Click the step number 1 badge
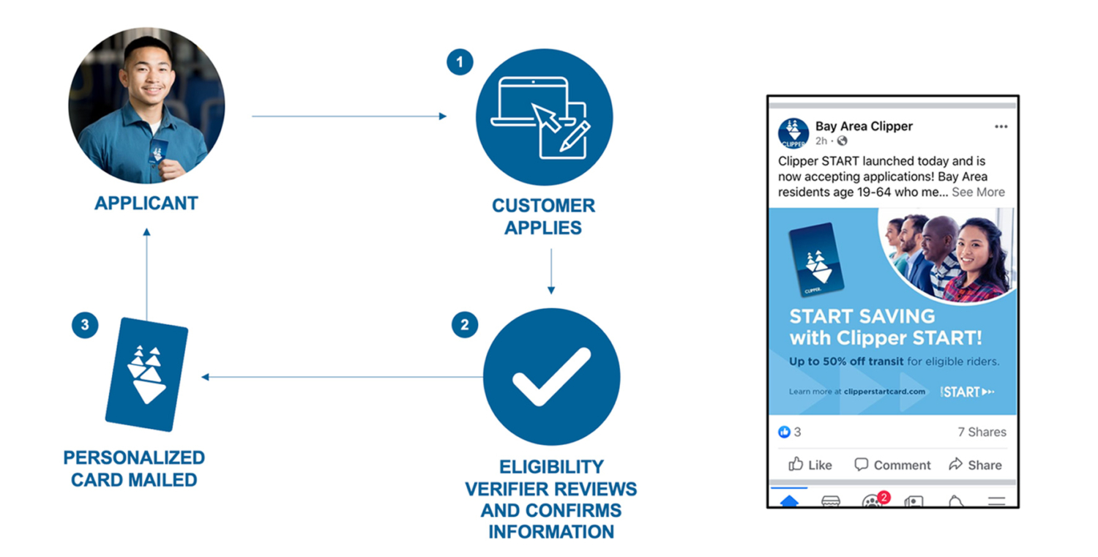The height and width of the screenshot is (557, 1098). [x=460, y=63]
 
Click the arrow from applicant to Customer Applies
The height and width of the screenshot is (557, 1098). [x=348, y=116]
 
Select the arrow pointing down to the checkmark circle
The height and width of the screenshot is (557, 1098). [x=551, y=271]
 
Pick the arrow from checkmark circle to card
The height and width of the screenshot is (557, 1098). [x=341, y=377]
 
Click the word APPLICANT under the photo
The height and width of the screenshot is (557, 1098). [x=146, y=203]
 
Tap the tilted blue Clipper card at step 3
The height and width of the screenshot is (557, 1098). [x=146, y=374]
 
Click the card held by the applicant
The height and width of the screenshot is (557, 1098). [x=158, y=152]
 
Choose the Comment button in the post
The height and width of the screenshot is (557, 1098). [x=892, y=465]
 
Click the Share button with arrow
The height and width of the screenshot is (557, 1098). [x=975, y=465]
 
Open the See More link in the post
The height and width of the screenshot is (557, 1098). [x=978, y=192]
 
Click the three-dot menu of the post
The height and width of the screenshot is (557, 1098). [x=1001, y=127]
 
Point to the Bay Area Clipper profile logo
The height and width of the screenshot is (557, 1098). [x=793, y=132]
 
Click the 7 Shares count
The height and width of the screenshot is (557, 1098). [x=982, y=432]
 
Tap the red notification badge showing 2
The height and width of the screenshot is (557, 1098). [x=884, y=498]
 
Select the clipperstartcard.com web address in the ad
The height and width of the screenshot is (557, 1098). [x=884, y=392]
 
